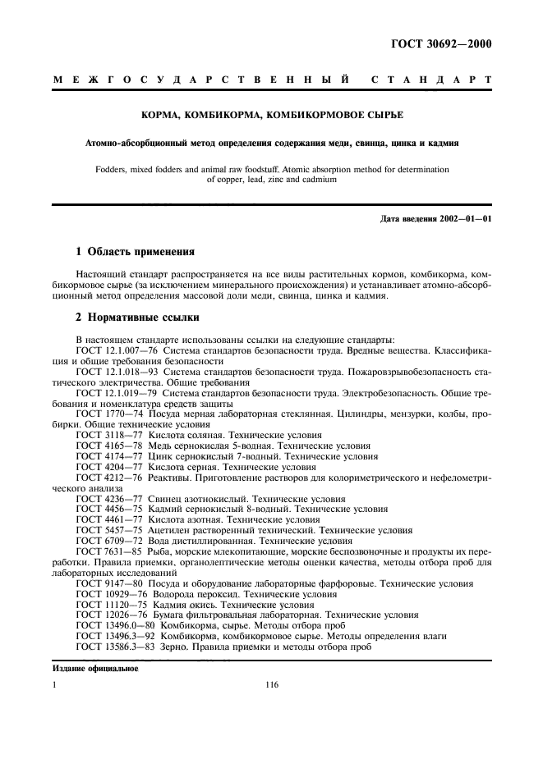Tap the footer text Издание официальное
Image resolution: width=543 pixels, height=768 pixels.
(95, 669)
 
